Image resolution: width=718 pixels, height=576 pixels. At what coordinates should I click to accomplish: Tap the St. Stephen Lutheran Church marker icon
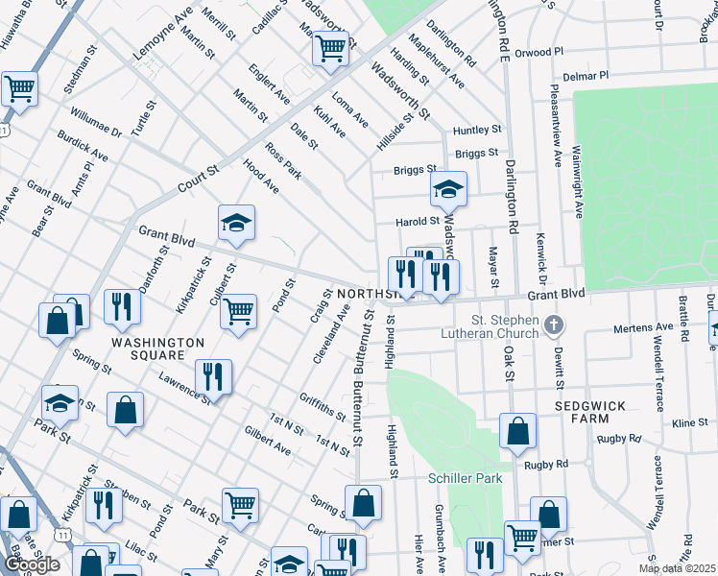point(553,326)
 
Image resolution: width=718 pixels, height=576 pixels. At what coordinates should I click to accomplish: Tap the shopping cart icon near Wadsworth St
point(330,47)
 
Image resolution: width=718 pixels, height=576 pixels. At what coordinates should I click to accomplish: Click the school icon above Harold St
point(448,190)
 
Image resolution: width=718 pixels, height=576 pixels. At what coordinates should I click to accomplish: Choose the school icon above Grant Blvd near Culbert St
point(236,224)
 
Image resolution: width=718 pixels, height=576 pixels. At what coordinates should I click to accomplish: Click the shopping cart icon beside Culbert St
point(238,311)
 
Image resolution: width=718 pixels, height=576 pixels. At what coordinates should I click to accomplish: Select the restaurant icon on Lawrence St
point(212,376)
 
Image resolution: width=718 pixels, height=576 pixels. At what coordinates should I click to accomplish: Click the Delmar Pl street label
point(586,75)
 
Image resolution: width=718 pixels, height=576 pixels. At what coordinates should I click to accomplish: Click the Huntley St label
point(477,130)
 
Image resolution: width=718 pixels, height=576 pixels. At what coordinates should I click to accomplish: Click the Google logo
point(33,564)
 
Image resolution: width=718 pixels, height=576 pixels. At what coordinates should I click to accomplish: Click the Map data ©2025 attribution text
point(677,568)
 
